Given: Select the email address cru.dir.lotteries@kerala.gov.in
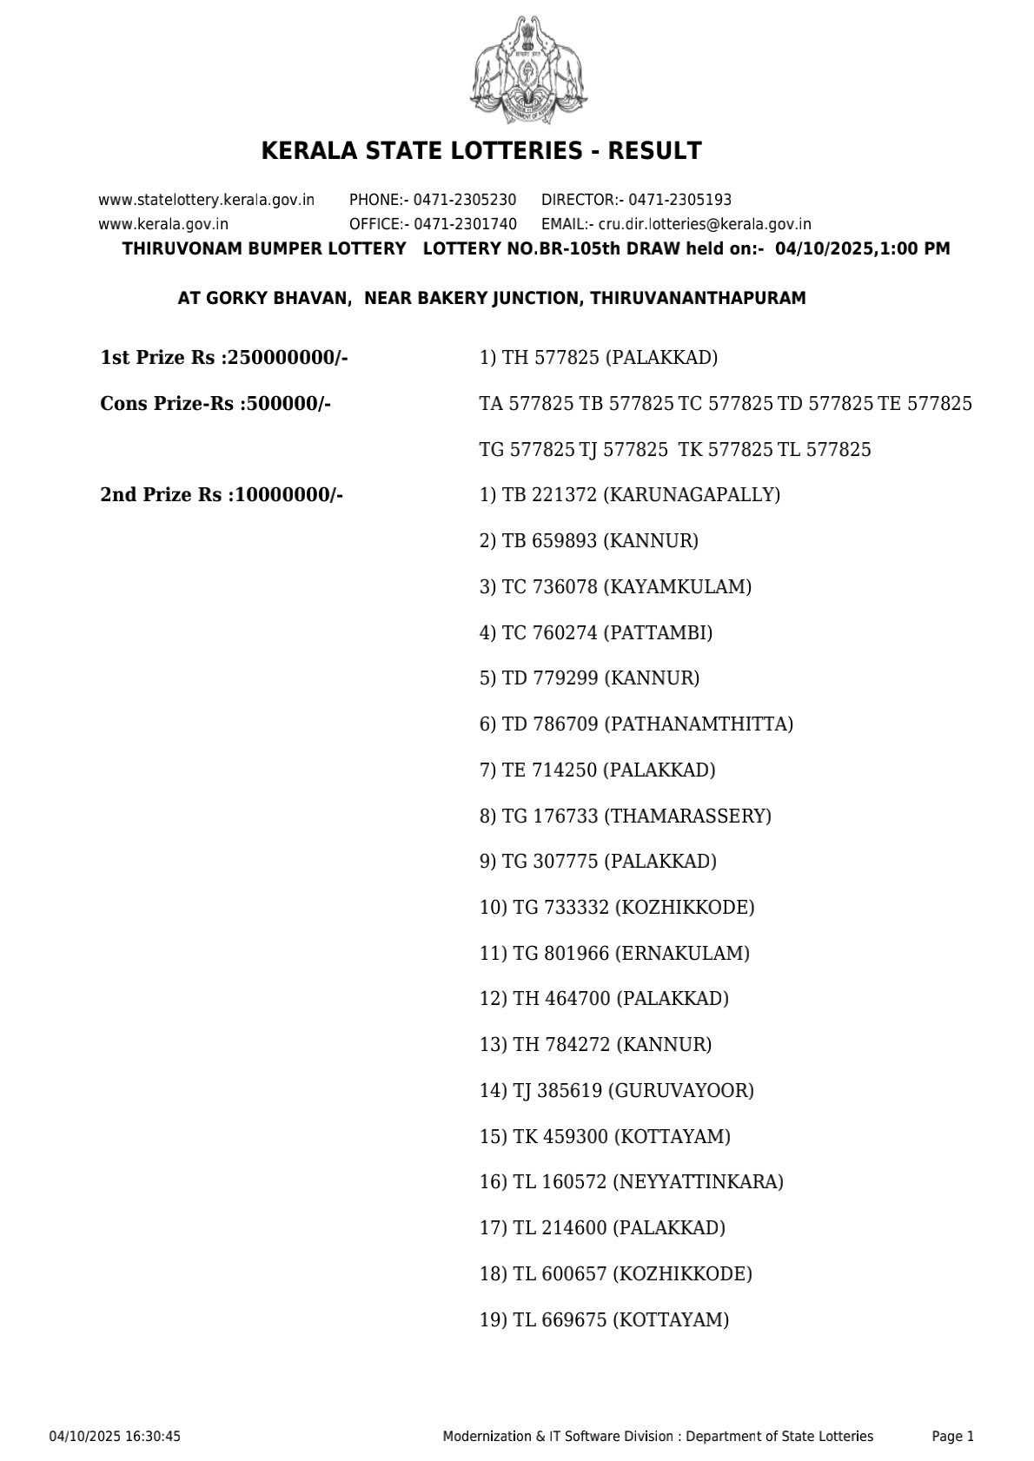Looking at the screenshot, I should (x=705, y=224).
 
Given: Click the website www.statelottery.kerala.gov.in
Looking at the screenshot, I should (x=207, y=200).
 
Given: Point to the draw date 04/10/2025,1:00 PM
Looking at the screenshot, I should (x=862, y=249).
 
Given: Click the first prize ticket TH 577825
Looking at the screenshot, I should (x=550, y=358).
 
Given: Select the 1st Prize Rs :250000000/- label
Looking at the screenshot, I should (x=224, y=358).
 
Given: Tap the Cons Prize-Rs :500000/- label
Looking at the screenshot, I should (x=215, y=404).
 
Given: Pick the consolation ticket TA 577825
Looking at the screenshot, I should (x=527, y=404).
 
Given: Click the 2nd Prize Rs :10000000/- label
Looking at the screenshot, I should (x=222, y=495).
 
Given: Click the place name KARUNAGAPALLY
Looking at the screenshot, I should (x=692, y=495).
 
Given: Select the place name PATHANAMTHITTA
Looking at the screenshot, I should (x=698, y=724).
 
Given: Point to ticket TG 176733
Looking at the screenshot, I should (x=550, y=816).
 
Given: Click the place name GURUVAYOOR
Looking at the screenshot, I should (x=681, y=1091).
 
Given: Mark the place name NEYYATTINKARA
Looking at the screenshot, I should (x=698, y=1182).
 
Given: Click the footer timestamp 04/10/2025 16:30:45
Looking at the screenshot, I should (x=115, y=1437).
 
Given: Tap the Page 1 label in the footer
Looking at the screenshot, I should (x=952, y=1437).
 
